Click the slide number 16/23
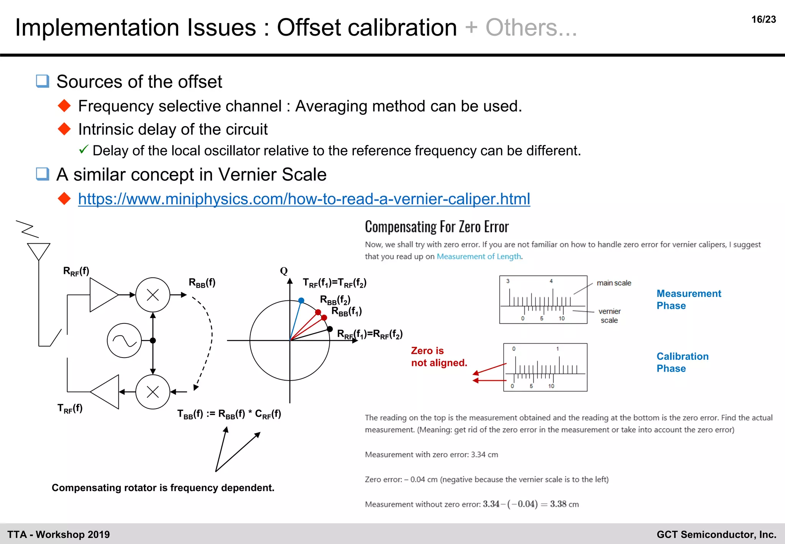[x=763, y=20]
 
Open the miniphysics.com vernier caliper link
[x=304, y=199]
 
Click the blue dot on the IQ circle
[x=301, y=300]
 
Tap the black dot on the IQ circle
[x=330, y=329]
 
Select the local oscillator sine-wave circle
[x=124, y=341]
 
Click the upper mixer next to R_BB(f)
[x=153, y=295]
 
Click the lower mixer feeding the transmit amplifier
[x=153, y=392]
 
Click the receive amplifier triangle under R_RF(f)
[x=103, y=295]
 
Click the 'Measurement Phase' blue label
[x=688, y=300]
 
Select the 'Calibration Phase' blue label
[x=682, y=362]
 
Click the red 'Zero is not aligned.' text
[x=438, y=356]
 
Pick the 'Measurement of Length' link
[x=479, y=256]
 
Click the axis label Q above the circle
[x=284, y=271]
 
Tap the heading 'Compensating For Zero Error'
[x=437, y=227]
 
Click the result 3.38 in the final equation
[x=558, y=504]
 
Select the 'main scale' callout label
[x=614, y=283]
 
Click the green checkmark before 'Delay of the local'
[x=84, y=149]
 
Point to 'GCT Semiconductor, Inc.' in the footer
[x=716, y=534]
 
